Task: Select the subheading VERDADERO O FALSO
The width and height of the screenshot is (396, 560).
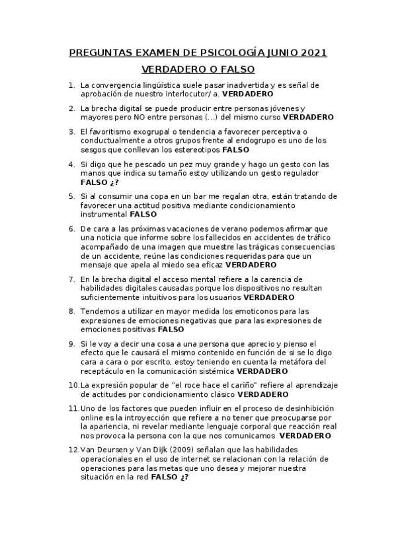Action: (198, 69)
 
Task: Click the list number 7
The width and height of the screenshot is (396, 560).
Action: (72, 279)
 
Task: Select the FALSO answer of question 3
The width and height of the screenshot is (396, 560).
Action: (235, 150)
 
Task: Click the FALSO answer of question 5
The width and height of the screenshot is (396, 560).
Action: (143, 215)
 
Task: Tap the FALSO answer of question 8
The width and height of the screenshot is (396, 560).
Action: (171, 329)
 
